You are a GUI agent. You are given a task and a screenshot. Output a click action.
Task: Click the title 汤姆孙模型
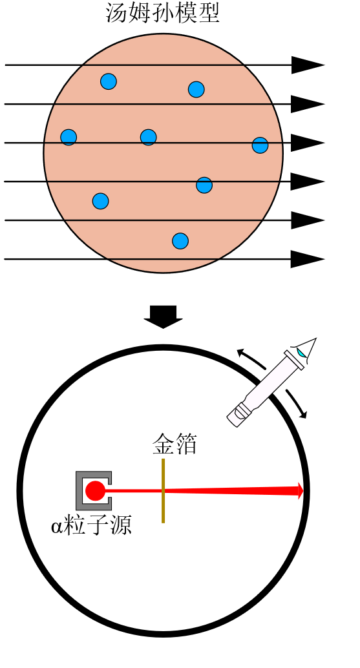tap(163, 13)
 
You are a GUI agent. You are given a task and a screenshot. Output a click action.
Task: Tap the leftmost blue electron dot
tap(69, 137)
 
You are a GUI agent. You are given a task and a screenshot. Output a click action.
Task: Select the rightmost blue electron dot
tap(260, 145)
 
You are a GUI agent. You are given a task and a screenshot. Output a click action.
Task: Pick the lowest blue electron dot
tap(180, 241)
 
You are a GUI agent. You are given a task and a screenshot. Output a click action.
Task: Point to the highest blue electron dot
tap(109, 81)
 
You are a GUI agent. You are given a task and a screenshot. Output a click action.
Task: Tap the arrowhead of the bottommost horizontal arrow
tap(308, 259)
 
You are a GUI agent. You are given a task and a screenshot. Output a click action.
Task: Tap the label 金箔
tap(175, 444)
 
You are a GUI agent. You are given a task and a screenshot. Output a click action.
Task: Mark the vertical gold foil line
tap(163, 490)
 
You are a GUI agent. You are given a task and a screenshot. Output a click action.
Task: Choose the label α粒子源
tap(91, 525)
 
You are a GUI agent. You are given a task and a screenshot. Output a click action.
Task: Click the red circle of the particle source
tap(94, 491)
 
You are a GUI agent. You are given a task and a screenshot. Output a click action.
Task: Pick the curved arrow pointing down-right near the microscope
tap(297, 403)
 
